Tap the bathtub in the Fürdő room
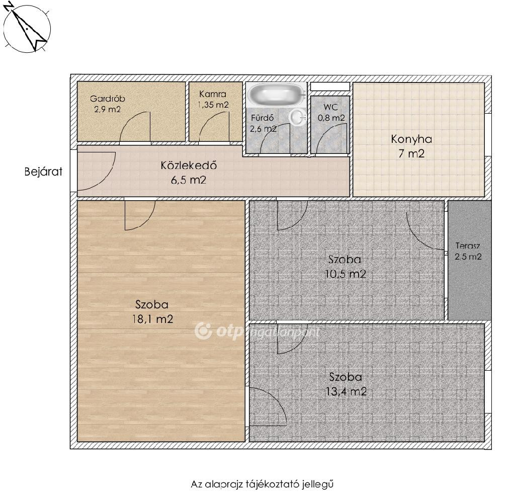pos(277,93)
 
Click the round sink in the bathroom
pos(298,117)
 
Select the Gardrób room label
pos(108,104)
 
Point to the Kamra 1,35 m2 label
pos(213,99)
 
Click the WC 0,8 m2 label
pos(331,112)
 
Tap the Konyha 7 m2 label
pos(411,146)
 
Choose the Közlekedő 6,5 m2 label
pos(189,173)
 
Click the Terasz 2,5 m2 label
pos(468,251)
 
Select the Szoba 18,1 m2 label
pos(152,312)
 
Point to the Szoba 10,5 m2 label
pos(345,267)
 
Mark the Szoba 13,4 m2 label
pos(346,384)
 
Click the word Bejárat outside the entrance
pos(43,172)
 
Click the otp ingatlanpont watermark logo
pos(256,331)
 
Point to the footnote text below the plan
pos(262,484)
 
